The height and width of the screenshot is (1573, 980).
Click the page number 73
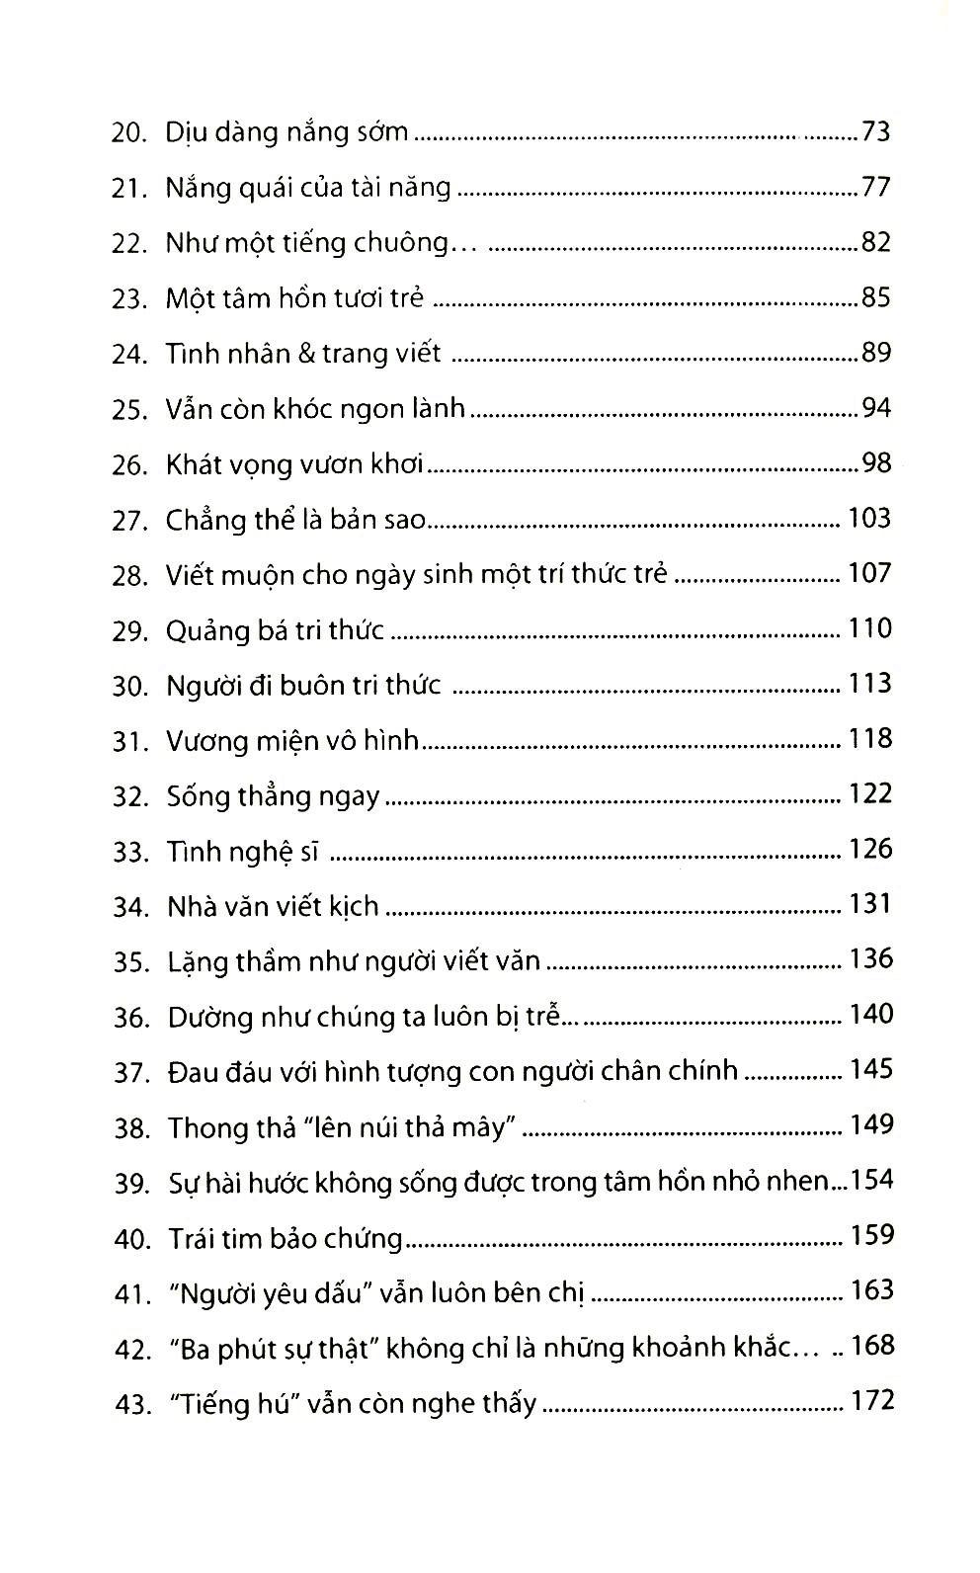(875, 131)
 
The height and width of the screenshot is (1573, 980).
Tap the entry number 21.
(128, 188)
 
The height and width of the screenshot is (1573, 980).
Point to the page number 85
(875, 297)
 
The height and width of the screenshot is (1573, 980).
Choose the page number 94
(875, 408)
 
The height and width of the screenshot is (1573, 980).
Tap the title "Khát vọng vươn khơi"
(294, 464)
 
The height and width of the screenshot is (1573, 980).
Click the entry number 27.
(129, 520)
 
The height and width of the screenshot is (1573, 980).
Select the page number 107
(869, 574)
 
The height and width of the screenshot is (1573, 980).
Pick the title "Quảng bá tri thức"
(275, 629)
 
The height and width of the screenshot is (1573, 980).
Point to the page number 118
(869, 739)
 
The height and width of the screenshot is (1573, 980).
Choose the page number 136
(869, 959)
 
